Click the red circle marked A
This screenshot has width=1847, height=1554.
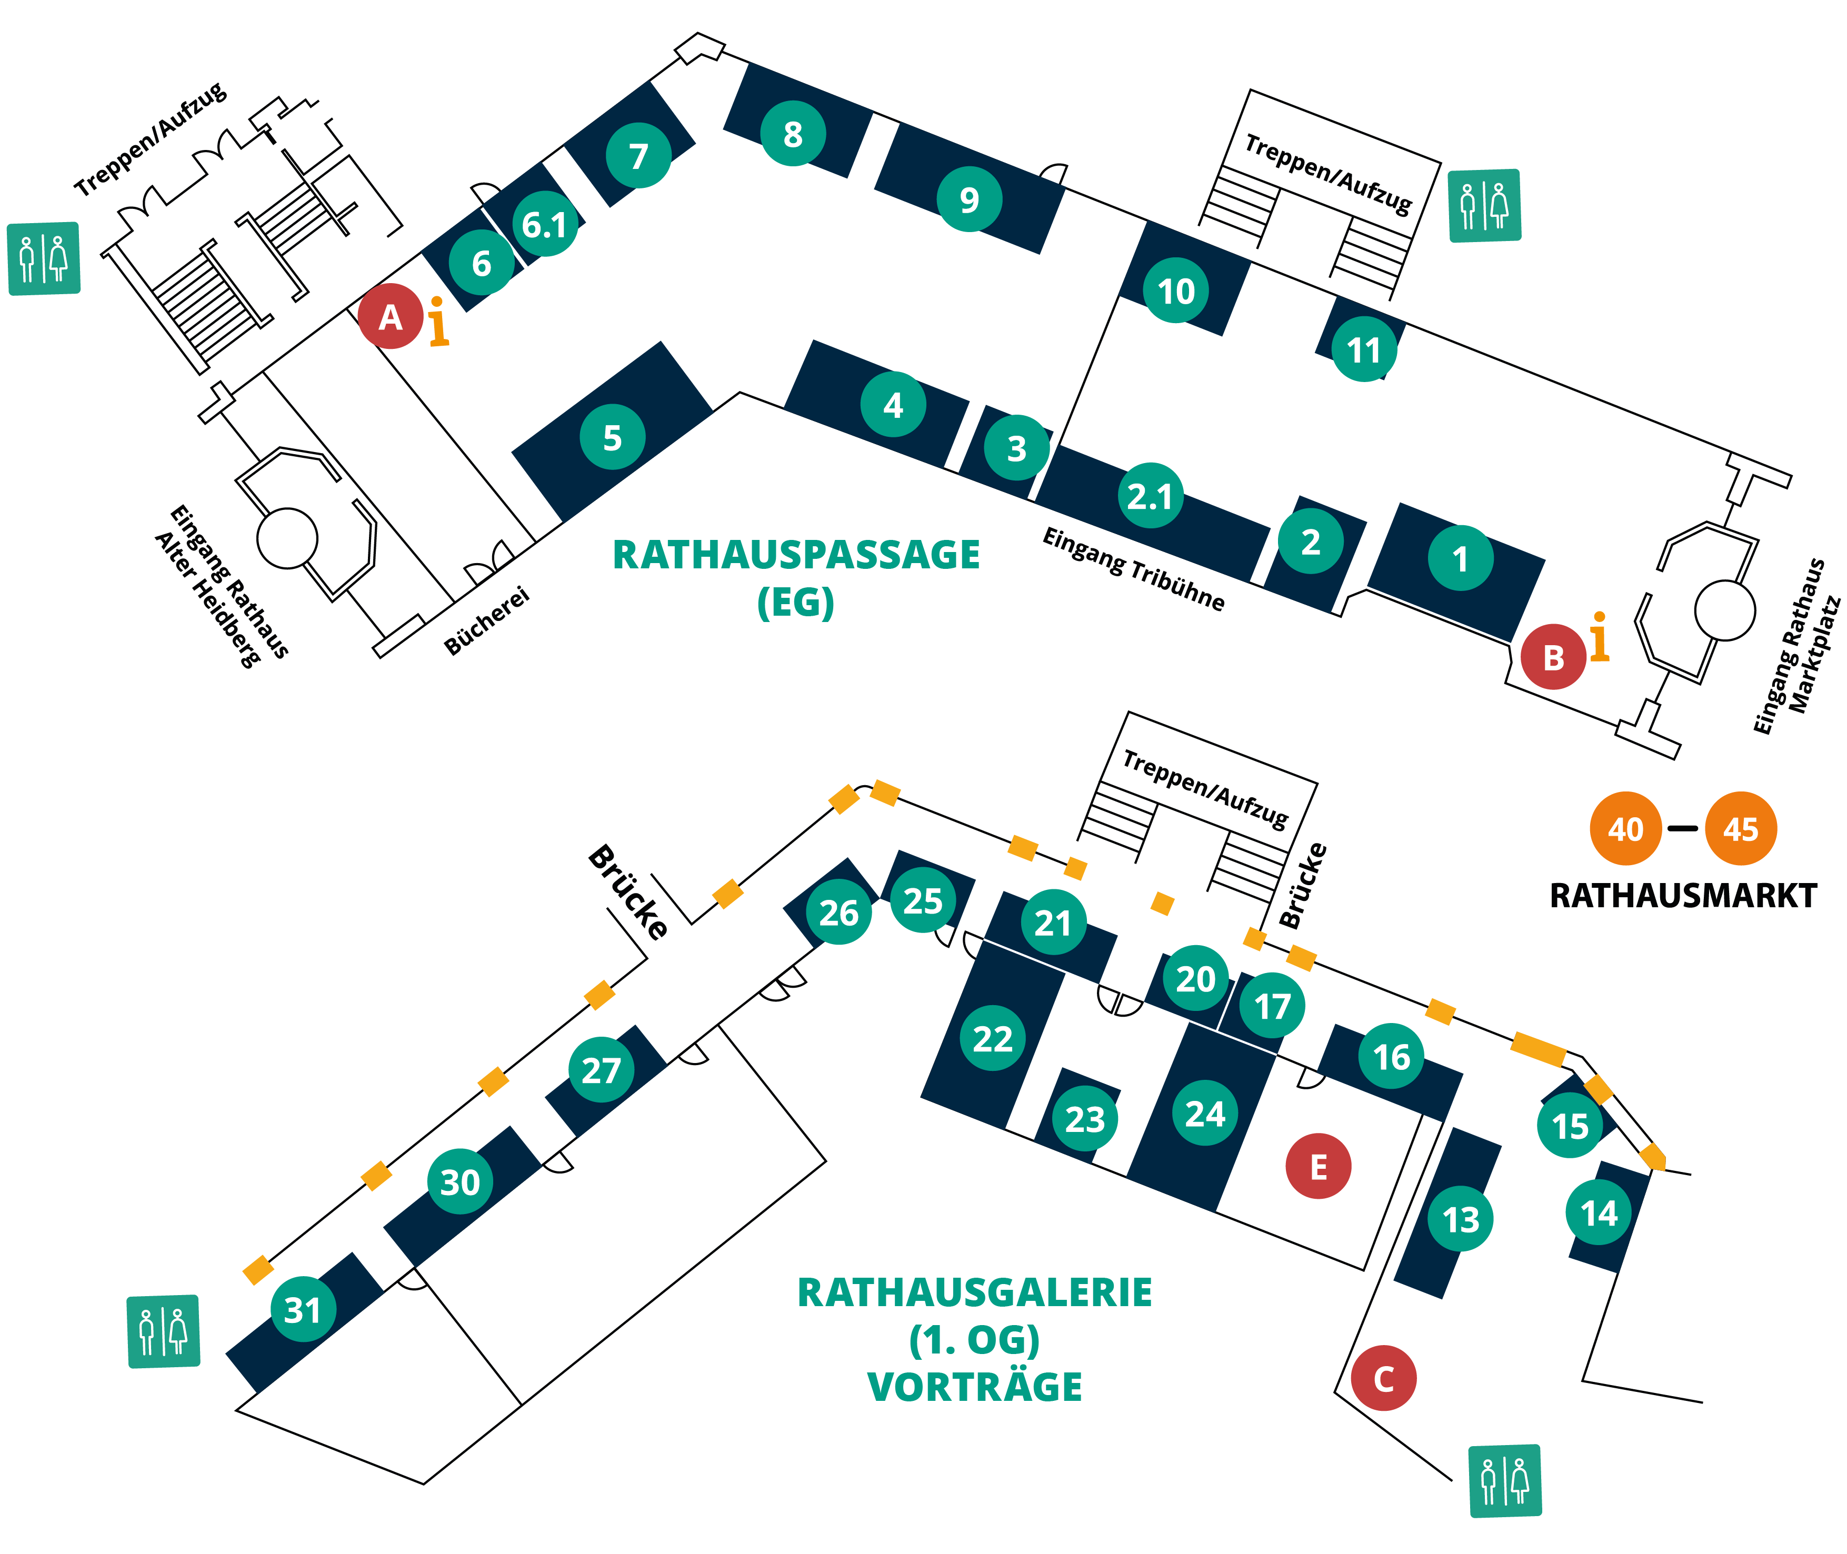(391, 316)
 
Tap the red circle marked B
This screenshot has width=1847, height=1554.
(1553, 656)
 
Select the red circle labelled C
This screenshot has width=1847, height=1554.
(1383, 1378)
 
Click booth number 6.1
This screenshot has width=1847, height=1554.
(545, 224)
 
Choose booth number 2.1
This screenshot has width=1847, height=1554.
(1149, 495)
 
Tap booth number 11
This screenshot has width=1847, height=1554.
(1363, 350)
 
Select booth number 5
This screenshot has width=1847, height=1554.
(612, 437)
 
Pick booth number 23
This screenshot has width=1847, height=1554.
(1085, 1119)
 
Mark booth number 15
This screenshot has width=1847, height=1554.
(1570, 1125)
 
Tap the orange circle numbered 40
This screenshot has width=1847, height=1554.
(1625, 828)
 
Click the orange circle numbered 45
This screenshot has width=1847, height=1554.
(1740, 828)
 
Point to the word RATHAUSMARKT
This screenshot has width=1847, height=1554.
(1682, 895)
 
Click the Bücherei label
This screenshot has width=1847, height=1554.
(486, 621)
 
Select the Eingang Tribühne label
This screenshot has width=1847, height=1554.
(1133, 569)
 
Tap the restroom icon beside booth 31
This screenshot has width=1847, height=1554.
(164, 1330)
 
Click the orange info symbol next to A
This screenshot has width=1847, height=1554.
(438, 323)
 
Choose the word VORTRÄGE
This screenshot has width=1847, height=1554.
(975, 1386)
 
